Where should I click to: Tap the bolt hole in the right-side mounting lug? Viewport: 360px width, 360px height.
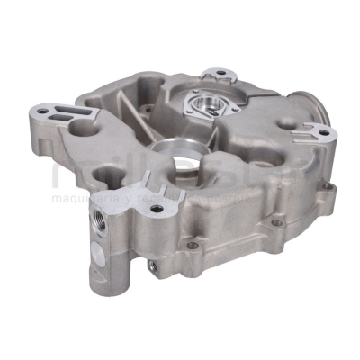tap(321, 134)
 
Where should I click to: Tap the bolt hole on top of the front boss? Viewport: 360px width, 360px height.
tap(157, 209)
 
